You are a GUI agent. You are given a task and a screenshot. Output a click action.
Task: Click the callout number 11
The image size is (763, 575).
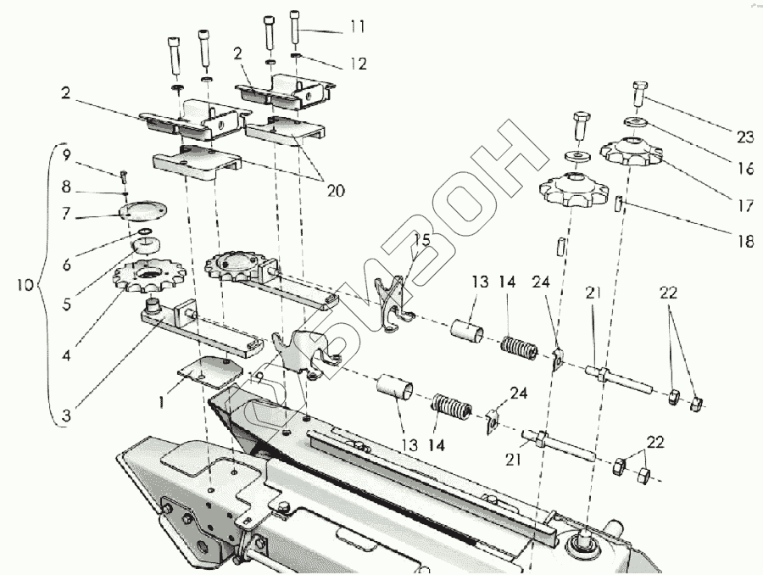click(x=356, y=27)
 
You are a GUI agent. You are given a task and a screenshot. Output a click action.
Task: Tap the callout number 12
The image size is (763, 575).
click(x=358, y=64)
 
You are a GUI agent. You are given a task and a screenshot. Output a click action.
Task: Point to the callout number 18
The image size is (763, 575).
click(x=744, y=241)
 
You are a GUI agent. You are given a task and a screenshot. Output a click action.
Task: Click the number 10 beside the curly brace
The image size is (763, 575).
click(x=25, y=284)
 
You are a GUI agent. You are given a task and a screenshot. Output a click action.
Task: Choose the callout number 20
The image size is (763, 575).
click(x=335, y=191)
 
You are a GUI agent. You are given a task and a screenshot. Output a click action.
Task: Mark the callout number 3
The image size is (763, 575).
click(x=67, y=416)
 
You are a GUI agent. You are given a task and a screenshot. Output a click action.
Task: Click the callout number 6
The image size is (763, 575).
click(x=67, y=265)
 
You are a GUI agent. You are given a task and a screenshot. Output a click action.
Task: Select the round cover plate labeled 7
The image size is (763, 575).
click(x=142, y=211)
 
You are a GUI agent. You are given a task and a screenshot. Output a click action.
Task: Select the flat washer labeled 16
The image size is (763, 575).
click(x=640, y=120)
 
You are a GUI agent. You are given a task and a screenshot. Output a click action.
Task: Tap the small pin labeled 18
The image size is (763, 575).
click(x=619, y=204)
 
